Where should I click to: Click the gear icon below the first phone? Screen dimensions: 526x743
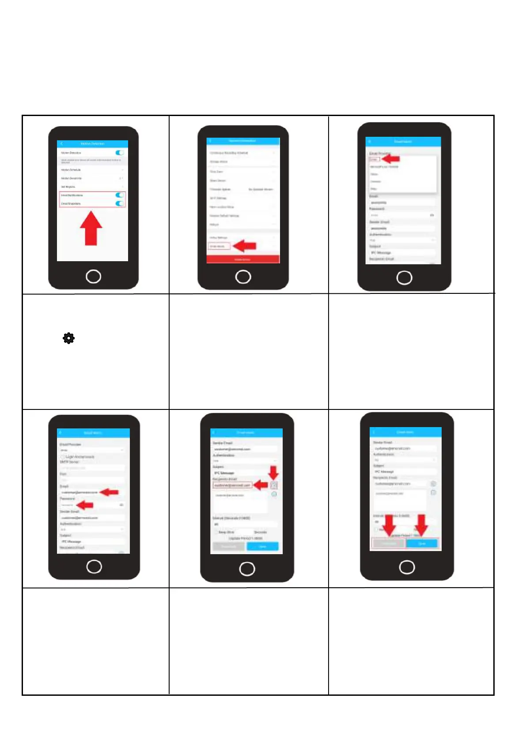point(68,338)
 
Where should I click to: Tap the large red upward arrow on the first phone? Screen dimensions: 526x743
point(91,228)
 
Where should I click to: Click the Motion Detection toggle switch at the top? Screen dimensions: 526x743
point(119,153)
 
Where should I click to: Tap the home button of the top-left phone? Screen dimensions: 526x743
point(93,277)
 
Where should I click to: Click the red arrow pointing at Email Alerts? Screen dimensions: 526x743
point(245,246)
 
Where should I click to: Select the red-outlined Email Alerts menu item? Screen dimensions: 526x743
point(219,246)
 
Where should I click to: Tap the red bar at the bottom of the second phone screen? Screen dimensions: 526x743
point(243,259)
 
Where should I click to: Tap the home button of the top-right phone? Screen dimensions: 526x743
point(404,278)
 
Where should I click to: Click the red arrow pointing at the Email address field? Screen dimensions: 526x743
point(110,492)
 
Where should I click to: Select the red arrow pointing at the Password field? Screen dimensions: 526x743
point(85,505)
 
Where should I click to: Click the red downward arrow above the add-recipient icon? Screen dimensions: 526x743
point(274,473)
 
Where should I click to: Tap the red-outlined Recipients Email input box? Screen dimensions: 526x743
point(232,485)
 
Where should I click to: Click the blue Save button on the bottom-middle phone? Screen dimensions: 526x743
point(262,547)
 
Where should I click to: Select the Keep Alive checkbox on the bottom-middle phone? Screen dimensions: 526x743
point(216,532)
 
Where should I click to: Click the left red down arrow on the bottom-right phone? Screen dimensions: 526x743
point(389,525)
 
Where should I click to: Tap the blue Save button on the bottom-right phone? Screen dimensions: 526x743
point(422,544)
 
